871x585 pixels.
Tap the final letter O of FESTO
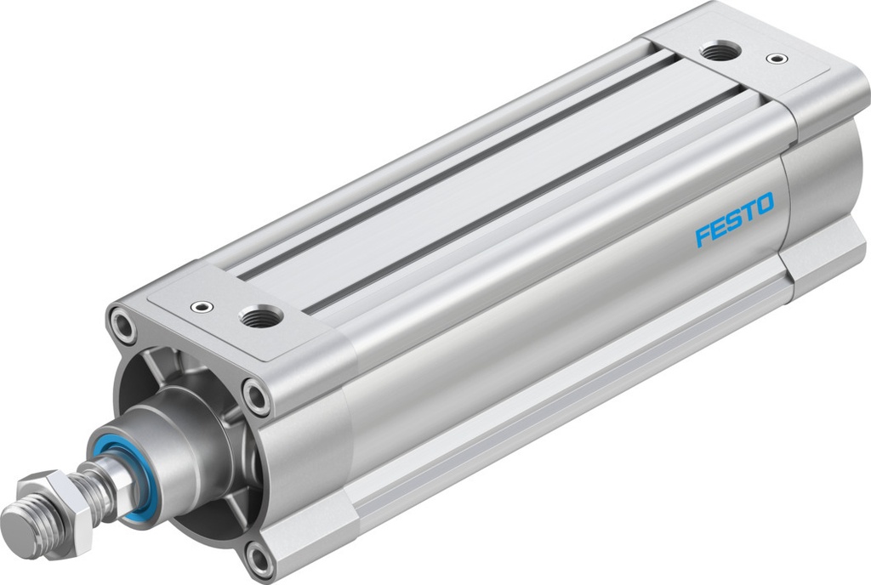(x=765, y=204)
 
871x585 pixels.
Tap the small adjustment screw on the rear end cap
(x=772, y=59)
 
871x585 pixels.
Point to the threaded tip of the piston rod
(x=20, y=521)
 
